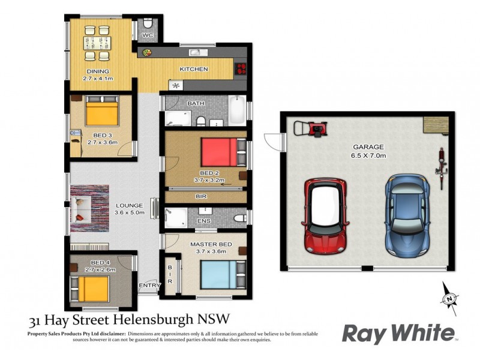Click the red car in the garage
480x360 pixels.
(x=325, y=215)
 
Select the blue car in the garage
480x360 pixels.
(x=407, y=213)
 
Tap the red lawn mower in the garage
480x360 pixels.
(x=314, y=128)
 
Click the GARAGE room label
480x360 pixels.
(x=368, y=146)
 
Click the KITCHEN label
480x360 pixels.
(x=194, y=69)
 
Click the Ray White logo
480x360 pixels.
(x=398, y=333)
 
